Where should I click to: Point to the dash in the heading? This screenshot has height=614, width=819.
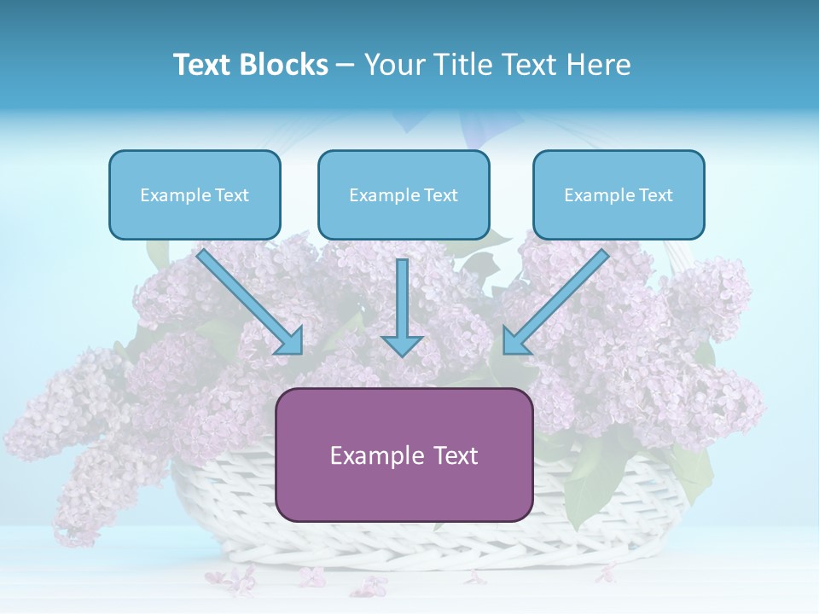point(346,66)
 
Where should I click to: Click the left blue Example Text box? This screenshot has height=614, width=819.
point(195,194)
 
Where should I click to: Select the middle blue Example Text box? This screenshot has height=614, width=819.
point(404,194)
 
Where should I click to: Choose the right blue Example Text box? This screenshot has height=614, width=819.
point(619,194)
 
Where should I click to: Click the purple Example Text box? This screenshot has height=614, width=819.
point(404,455)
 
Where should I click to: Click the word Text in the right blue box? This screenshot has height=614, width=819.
point(655,195)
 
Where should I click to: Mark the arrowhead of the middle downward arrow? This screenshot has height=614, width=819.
point(402,345)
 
